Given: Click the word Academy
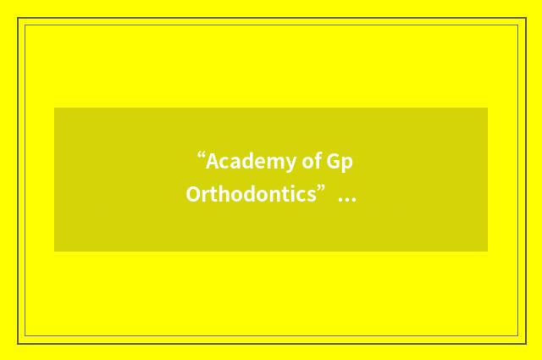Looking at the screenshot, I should (246, 161).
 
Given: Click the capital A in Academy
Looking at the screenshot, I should (213, 161).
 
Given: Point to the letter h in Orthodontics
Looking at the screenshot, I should (220, 195).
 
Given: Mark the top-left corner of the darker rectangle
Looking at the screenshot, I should (54, 108).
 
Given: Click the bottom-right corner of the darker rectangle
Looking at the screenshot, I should (488, 251).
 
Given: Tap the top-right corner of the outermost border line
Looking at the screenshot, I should (525, 18).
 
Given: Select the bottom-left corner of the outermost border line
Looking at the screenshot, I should (18, 343).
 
